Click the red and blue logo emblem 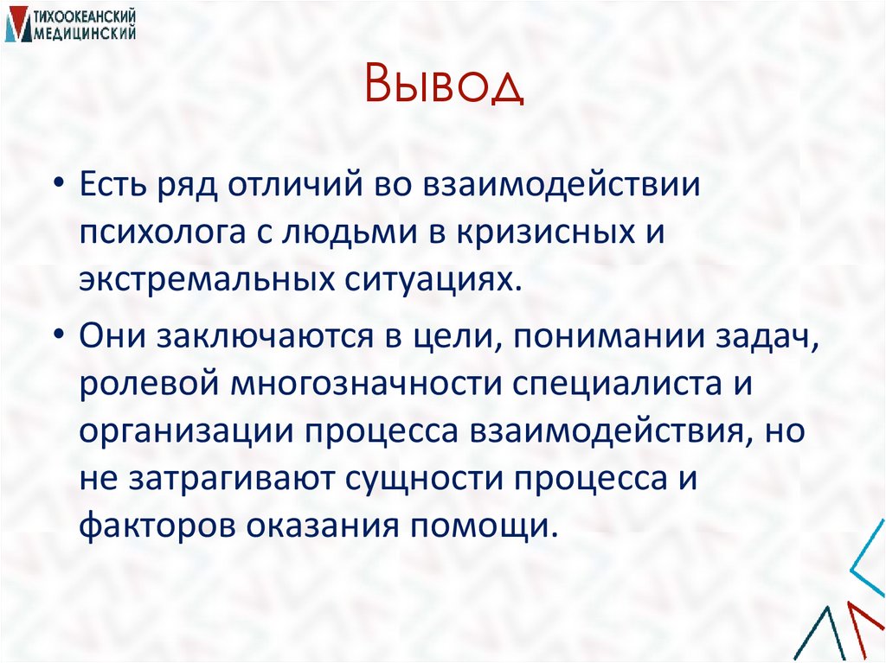point(15,26)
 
